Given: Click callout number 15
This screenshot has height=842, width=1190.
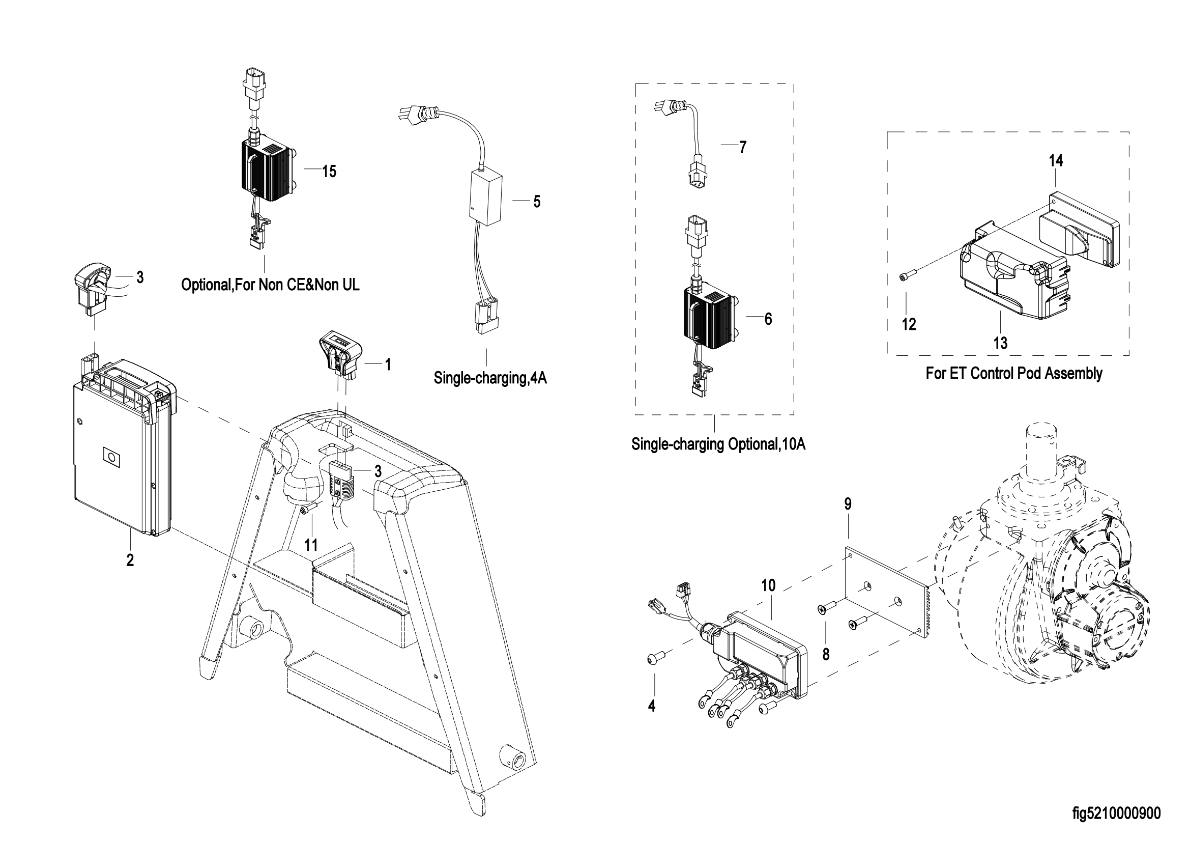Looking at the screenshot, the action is pos(329,171).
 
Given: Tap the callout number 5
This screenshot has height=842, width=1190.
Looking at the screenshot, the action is pos(537,202).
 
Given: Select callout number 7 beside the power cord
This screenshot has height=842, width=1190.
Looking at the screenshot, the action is pos(743,147).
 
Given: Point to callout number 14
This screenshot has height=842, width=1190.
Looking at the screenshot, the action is pos(1056,161).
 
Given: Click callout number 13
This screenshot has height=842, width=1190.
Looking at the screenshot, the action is pos(1000,343).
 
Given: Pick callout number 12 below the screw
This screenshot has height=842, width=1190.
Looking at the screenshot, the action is pos(909,324).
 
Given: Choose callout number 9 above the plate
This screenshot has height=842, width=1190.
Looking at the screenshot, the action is pos(848,503).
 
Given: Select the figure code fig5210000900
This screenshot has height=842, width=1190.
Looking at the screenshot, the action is pos(1116,813).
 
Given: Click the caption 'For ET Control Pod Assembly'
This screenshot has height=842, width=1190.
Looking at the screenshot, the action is pos(1014,373).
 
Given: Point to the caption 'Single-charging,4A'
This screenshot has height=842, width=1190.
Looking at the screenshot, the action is pos(490,378).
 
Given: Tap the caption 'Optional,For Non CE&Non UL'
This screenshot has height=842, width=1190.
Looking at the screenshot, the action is pos(270,285).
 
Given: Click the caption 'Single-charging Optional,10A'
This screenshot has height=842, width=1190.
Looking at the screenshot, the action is pos(718,444).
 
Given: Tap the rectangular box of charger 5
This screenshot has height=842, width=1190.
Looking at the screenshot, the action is pos(486,198).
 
